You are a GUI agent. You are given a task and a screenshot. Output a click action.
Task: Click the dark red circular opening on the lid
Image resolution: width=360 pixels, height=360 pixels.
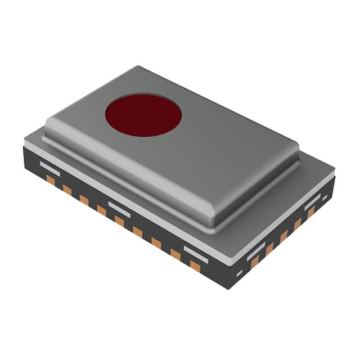(143, 115)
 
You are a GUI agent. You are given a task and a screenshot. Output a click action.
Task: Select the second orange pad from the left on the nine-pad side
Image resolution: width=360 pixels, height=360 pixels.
(67, 190)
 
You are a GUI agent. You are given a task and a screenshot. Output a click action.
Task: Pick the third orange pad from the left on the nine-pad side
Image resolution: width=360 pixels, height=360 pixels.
(84, 199)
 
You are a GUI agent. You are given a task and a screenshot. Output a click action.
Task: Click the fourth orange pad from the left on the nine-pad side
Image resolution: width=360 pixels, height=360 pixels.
(102, 210)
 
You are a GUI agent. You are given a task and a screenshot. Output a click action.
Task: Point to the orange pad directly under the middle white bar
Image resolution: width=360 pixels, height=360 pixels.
(119, 220)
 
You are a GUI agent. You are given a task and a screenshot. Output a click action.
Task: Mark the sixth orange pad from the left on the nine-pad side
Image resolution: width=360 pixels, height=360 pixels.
(137, 231)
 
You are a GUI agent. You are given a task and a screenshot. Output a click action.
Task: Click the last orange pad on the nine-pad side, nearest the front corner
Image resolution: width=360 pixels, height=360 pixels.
(195, 265)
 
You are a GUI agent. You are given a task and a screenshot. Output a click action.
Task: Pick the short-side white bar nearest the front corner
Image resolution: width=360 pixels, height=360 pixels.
(256, 251)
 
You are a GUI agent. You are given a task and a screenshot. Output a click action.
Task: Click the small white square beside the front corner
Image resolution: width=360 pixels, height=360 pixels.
(239, 274)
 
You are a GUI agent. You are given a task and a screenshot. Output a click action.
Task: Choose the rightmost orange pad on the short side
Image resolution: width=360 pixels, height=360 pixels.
(310, 213)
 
